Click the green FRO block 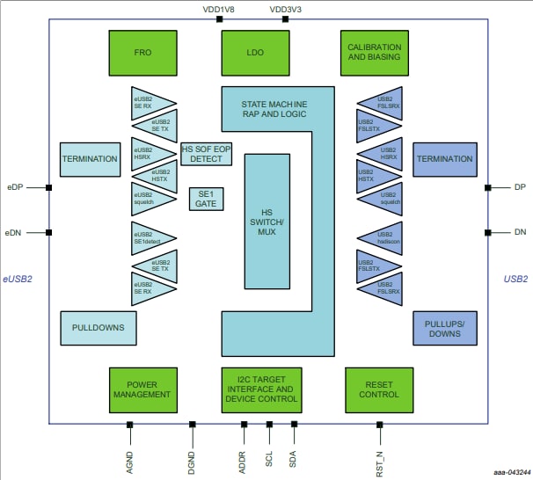click(x=143, y=52)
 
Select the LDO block click(x=255, y=52)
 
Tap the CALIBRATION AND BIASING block click(x=374, y=52)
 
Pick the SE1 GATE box click(x=207, y=198)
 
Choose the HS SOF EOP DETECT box click(x=207, y=154)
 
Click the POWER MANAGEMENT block click(x=143, y=389)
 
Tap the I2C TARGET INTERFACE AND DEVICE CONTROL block click(x=260, y=389)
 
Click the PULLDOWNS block click(x=99, y=328)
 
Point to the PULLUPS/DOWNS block click(x=444, y=328)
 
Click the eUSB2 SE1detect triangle click(x=151, y=236)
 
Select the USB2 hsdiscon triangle click(x=381, y=236)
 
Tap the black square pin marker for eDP click(x=49, y=187)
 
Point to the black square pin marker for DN click(x=487, y=232)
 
